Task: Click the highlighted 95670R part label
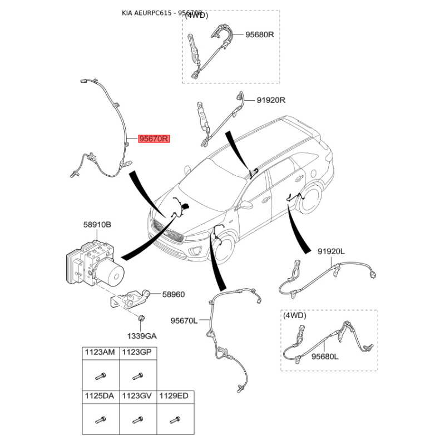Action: tap(154, 139)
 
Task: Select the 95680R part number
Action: tap(260, 34)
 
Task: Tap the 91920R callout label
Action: tap(271, 100)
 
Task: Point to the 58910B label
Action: tap(97, 225)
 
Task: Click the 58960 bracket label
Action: tap(174, 295)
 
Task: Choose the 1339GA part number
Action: tap(142, 337)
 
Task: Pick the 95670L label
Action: tap(184, 321)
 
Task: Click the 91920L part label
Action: tap(331, 251)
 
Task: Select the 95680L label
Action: tap(325, 357)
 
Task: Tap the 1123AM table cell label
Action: tap(100, 352)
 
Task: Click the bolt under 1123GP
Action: tap(138, 377)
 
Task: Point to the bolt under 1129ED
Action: tap(175, 419)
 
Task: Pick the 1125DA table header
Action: tap(100, 395)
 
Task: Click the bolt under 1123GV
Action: tap(137, 419)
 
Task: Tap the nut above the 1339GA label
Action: tap(141, 318)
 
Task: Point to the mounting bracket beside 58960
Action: tap(130, 299)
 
